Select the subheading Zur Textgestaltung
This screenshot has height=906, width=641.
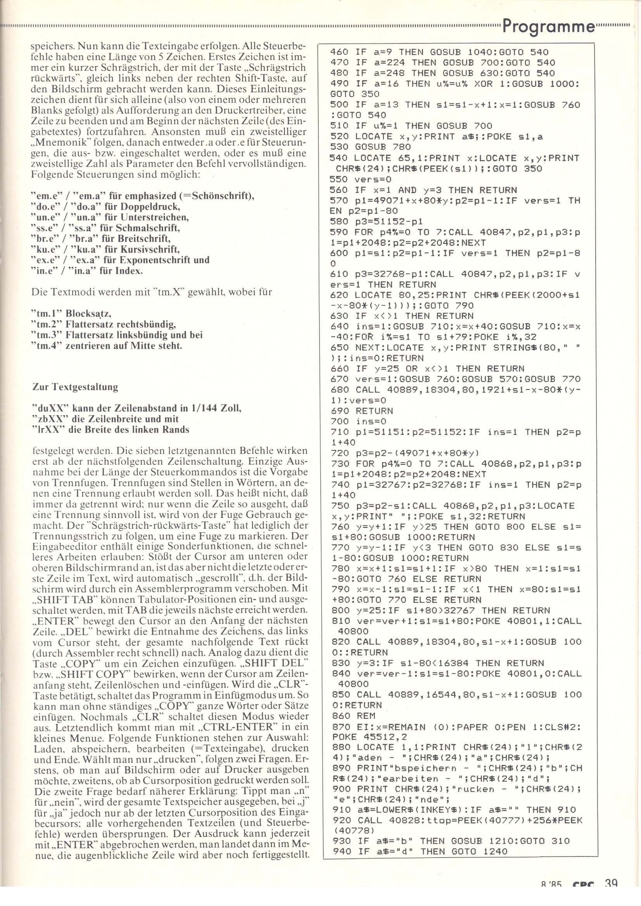pyautogui.click(x=75, y=387)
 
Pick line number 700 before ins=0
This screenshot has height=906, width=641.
pyautogui.click(x=338, y=421)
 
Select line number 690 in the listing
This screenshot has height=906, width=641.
pyautogui.click(x=338, y=411)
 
